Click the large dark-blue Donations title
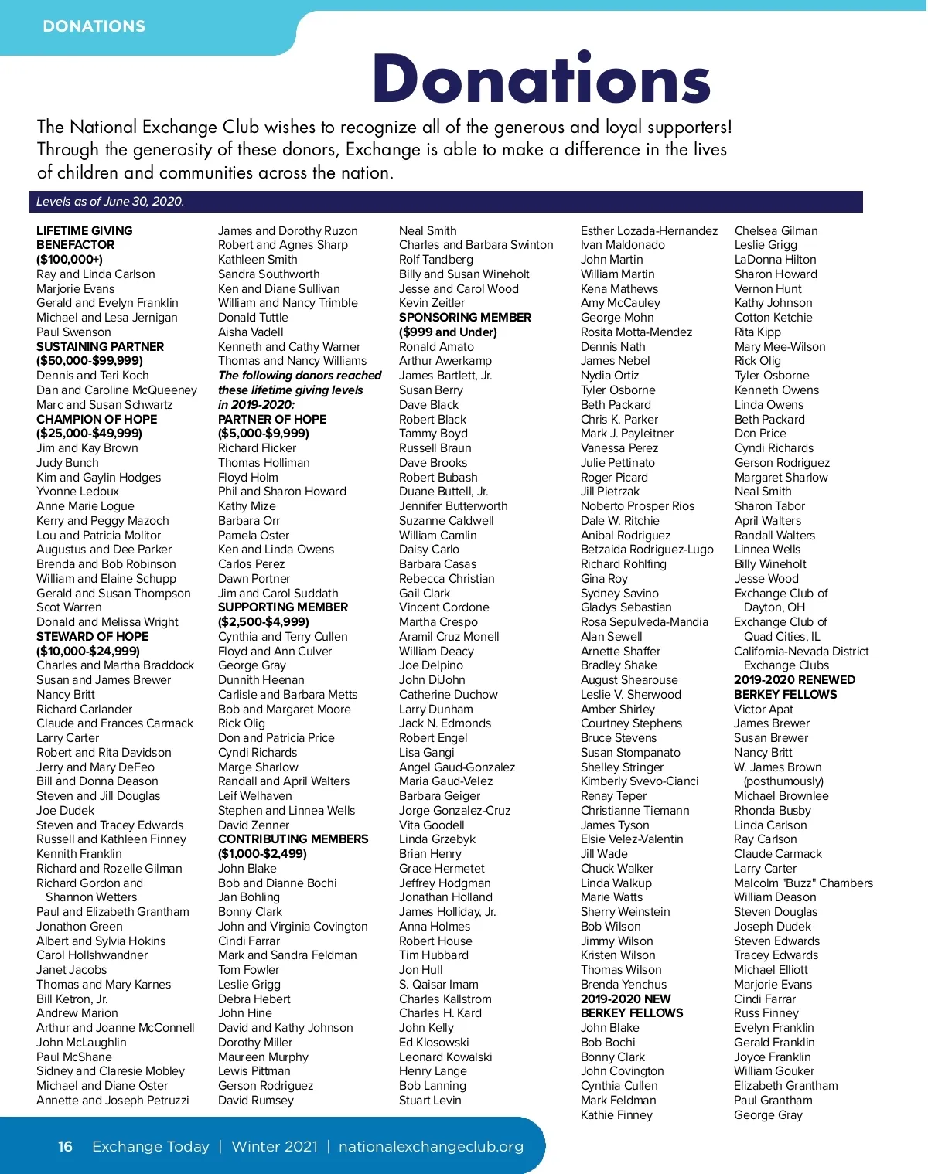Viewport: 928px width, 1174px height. (x=541, y=79)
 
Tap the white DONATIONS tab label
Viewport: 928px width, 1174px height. (x=94, y=26)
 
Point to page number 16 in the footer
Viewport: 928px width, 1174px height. (x=66, y=1146)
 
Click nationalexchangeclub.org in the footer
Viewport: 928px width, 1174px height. (x=431, y=1146)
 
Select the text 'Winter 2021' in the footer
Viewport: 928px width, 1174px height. (x=275, y=1146)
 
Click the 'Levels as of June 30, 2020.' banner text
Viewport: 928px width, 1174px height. (x=110, y=202)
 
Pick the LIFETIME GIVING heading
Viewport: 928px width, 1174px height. (x=84, y=230)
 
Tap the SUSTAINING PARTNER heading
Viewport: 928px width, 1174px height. (x=100, y=346)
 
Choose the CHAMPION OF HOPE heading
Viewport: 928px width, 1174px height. (x=97, y=419)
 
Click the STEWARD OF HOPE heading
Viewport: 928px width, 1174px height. (x=93, y=636)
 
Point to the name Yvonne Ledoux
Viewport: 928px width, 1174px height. (x=77, y=492)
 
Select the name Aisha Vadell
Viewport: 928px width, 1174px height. (x=251, y=332)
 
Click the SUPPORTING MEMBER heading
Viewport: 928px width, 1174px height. (x=283, y=607)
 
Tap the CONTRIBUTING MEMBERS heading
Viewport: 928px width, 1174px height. (x=293, y=839)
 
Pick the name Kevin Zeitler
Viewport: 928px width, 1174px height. (x=432, y=303)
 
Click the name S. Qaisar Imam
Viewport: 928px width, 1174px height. (x=438, y=984)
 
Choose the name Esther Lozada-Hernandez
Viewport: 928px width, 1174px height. (x=649, y=230)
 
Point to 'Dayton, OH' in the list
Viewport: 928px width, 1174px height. (x=774, y=607)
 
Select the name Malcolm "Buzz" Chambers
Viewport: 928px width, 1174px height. (x=803, y=883)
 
